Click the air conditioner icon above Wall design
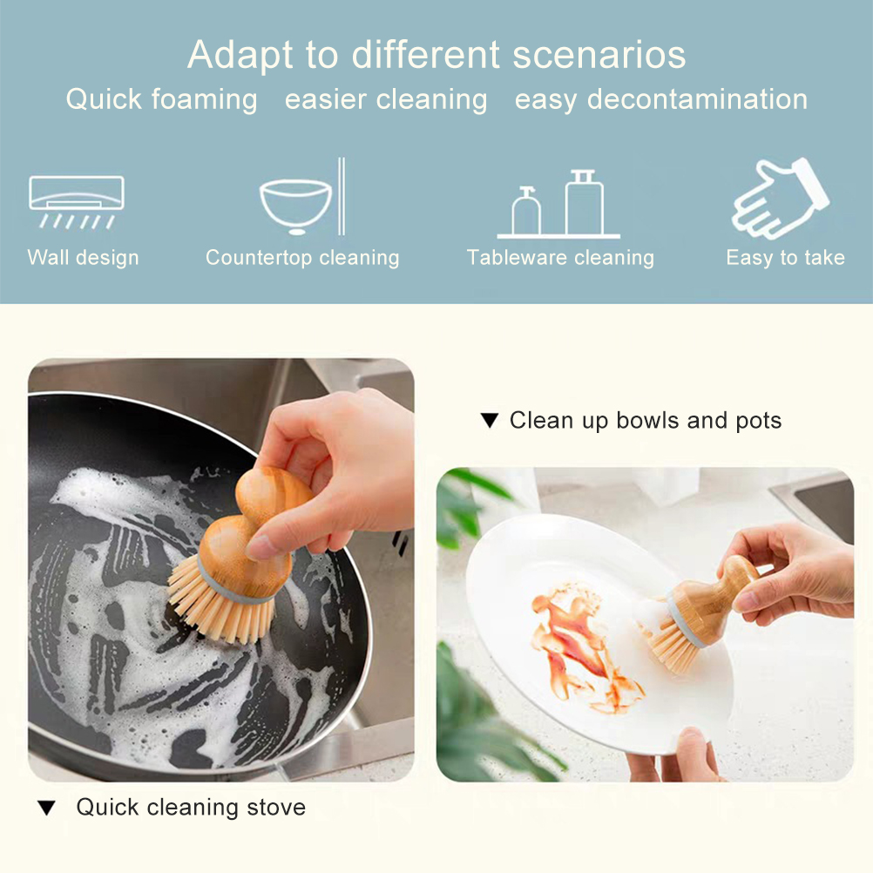pyautogui.click(x=77, y=201)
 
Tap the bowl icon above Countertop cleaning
pyautogui.click(x=302, y=197)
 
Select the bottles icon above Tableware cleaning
pyautogui.click(x=558, y=205)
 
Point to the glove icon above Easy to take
pyautogui.click(x=781, y=198)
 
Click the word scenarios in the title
pyautogui.click(x=599, y=55)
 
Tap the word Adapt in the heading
pyautogui.click(x=240, y=56)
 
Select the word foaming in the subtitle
pyautogui.click(x=205, y=100)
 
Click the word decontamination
pyautogui.click(x=697, y=99)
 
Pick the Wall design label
pyautogui.click(x=83, y=258)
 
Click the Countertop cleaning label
pyautogui.click(x=302, y=258)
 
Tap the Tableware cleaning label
pyautogui.click(x=560, y=258)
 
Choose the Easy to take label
pyautogui.click(x=786, y=258)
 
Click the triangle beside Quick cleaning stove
pyautogui.click(x=46, y=808)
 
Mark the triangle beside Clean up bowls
pyautogui.click(x=490, y=420)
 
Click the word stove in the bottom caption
pyautogui.click(x=276, y=808)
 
